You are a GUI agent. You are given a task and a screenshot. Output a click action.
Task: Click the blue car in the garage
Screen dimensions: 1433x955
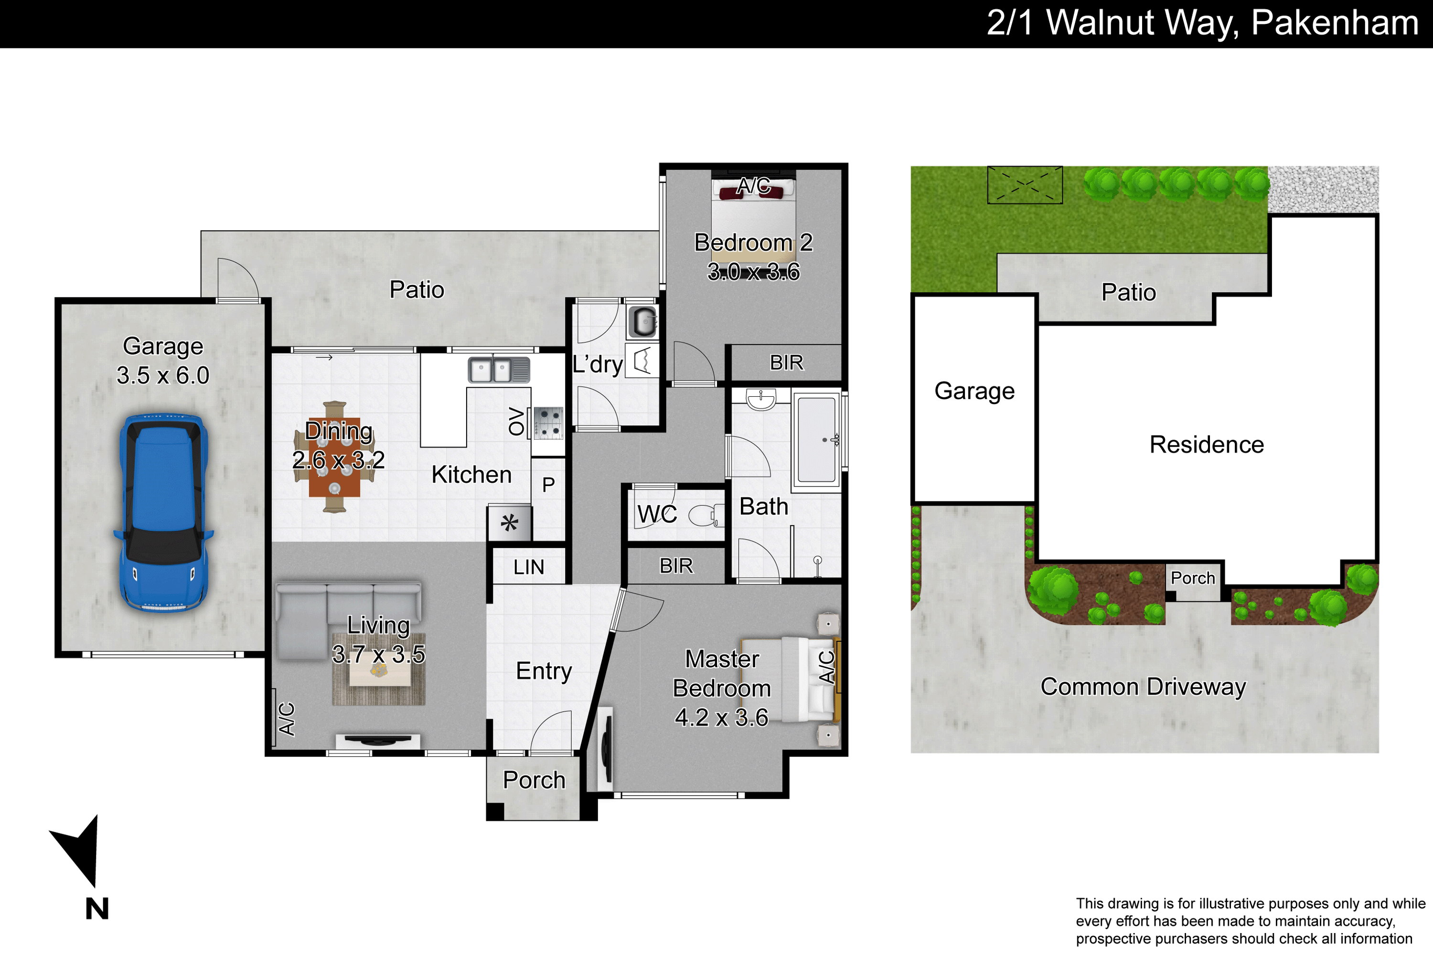pos(163,513)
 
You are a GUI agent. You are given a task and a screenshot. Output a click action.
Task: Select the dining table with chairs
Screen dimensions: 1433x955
pos(334,457)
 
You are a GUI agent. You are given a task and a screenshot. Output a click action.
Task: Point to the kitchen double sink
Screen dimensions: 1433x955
pos(498,370)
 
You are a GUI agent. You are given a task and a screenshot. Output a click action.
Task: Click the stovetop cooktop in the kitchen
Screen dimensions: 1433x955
pos(548,423)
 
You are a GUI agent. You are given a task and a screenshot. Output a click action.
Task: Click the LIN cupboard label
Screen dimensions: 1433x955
pos(528,567)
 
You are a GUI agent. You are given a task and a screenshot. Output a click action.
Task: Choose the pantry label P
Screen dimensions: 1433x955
pos(548,485)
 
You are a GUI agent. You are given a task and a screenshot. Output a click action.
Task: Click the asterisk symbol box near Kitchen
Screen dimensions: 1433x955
pos(509,522)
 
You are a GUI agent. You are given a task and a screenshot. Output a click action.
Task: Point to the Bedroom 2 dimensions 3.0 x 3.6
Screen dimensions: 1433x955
pos(753,272)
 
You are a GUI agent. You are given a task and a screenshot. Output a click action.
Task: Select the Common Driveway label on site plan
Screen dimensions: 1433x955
pos(1143,687)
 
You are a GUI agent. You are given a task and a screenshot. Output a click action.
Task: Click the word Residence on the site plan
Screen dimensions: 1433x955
pos(1207,445)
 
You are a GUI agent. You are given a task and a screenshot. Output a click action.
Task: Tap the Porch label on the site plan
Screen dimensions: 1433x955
pos(1193,578)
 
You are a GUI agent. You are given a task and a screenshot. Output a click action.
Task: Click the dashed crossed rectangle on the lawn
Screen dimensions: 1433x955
pos(1025,184)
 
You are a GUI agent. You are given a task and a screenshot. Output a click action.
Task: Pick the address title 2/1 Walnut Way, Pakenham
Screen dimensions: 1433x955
pos(1203,22)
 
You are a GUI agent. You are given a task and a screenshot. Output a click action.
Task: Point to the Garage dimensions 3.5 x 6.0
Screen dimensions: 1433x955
pos(163,375)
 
